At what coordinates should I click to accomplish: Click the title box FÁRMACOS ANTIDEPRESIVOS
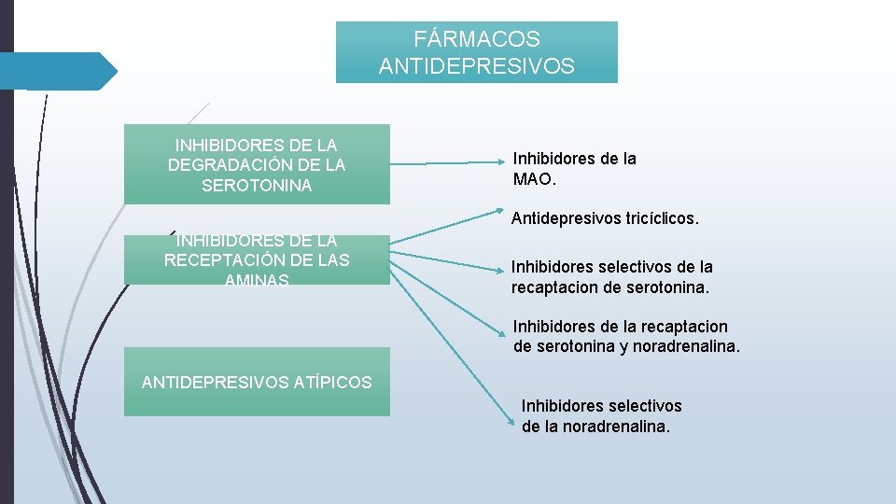click(x=476, y=52)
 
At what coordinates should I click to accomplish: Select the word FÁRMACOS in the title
click(x=477, y=39)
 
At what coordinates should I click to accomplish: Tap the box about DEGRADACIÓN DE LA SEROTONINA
click(x=257, y=164)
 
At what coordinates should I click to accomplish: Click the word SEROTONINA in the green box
click(x=257, y=186)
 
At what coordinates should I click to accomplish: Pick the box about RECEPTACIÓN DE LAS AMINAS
click(x=257, y=260)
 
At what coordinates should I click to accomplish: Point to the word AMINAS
click(x=257, y=280)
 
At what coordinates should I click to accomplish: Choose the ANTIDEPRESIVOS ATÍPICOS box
click(x=257, y=382)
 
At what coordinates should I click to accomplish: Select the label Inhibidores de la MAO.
click(x=574, y=168)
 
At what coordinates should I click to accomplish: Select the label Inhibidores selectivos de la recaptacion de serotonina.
click(x=611, y=277)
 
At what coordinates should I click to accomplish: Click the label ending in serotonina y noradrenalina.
click(x=625, y=337)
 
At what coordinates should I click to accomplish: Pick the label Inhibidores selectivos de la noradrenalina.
click(x=601, y=416)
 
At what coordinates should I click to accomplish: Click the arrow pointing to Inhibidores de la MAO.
click(x=448, y=163)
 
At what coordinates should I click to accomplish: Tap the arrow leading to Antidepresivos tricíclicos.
click(x=448, y=231)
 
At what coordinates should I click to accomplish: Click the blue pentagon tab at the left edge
click(x=58, y=71)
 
